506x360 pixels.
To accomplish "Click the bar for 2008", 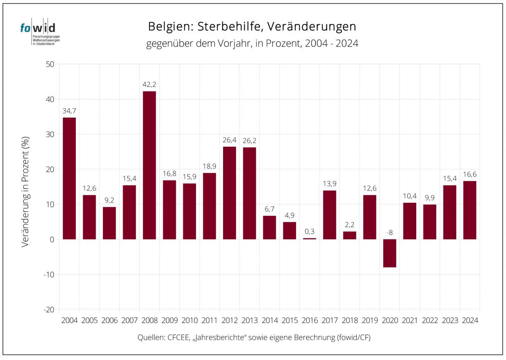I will [x=149, y=165].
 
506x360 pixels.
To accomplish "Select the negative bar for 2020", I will [x=390, y=253].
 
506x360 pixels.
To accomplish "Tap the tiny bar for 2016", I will [x=310, y=239].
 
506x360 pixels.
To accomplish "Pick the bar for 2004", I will [x=69, y=178].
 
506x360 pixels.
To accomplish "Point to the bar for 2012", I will [x=229, y=193].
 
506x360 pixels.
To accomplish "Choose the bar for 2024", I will [x=470, y=210].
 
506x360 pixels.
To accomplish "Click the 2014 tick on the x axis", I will [x=269, y=320].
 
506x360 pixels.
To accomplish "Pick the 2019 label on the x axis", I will [x=370, y=320].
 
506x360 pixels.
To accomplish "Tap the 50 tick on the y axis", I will [x=50, y=64].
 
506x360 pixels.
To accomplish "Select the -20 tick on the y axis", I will [x=48, y=309].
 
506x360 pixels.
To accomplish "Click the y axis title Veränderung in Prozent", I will [x=26, y=191].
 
